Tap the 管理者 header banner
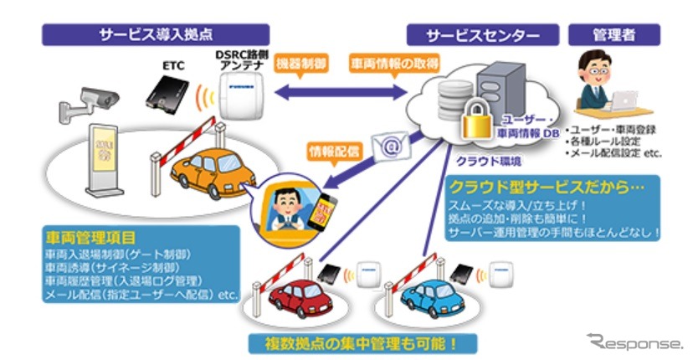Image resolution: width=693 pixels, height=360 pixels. (613, 34)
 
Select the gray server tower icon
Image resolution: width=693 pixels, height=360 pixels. (501, 92)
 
